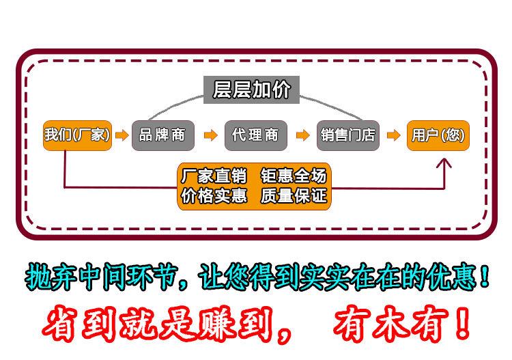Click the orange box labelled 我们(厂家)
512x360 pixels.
pyautogui.click(x=76, y=135)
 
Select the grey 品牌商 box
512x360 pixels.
pyautogui.click(x=162, y=135)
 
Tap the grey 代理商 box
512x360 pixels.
pyautogui.click(x=255, y=135)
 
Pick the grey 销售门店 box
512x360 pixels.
pyautogui.click(x=348, y=135)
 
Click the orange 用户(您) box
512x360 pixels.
pyautogui.click(x=438, y=135)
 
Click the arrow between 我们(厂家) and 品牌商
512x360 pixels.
pyautogui.click(x=121, y=135)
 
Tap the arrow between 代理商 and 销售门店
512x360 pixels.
pyautogui.click(x=302, y=135)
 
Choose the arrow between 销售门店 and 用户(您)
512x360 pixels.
pyautogui.click(x=393, y=135)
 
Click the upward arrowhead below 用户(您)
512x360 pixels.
pyautogui.click(x=444, y=164)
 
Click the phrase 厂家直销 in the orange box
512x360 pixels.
pyautogui.click(x=214, y=176)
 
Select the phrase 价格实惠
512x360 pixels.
pyautogui.click(x=214, y=196)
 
